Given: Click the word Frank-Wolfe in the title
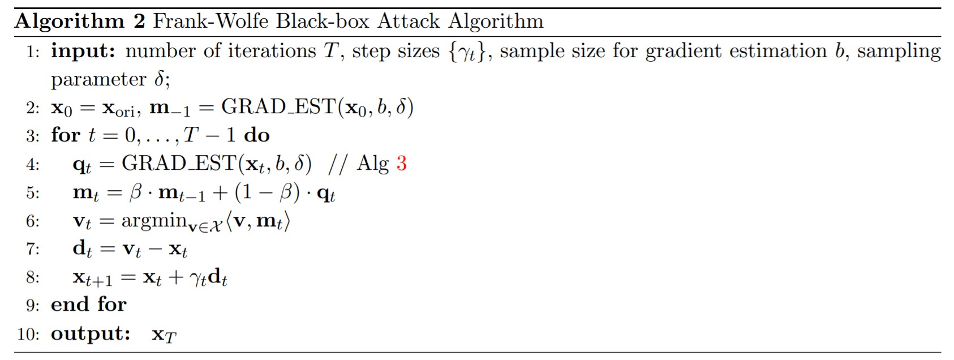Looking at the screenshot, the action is click(211, 21).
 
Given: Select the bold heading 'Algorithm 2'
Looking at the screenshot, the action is click(80, 22).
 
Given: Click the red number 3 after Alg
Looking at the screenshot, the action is click(401, 163).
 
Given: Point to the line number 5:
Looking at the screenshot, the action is click(33, 192).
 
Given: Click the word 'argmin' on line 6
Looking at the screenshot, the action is click(154, 221).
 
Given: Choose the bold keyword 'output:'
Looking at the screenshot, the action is click(91, 333).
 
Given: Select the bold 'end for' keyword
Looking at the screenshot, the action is click(89, 304).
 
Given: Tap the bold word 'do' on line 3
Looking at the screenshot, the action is click(257, 135).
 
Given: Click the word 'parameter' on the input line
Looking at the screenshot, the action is click(98, 80).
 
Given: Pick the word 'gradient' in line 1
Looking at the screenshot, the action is click(683, 52).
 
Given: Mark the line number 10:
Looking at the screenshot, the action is click(28, 334).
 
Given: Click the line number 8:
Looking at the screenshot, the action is click(33, 277).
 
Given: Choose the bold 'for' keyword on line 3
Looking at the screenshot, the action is click(66, 135).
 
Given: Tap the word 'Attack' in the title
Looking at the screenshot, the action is click(408, 21).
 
